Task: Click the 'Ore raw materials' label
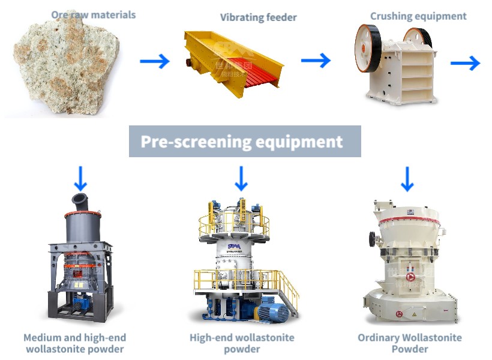93,14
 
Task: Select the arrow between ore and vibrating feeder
155,61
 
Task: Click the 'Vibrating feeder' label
258,17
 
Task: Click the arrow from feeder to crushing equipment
316,60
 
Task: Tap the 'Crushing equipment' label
418,16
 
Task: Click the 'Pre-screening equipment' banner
245,142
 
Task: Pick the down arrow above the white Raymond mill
407,178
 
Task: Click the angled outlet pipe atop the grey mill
80,200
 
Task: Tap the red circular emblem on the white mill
410,277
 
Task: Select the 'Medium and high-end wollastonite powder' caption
74,343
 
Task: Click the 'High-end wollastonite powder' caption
242,343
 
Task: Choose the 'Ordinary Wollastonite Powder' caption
410,343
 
